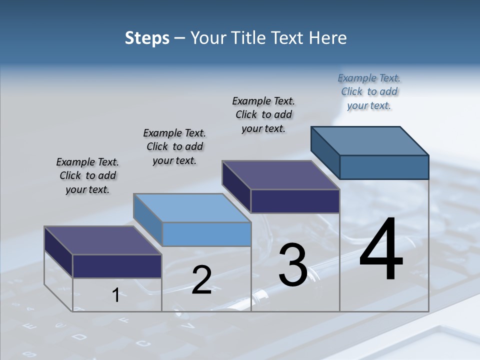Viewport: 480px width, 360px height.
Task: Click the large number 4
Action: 381,250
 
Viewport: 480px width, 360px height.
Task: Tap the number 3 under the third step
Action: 293,264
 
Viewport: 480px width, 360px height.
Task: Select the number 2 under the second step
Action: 201,280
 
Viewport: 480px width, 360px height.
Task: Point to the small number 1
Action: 115,295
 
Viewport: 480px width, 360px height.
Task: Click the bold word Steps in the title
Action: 147,38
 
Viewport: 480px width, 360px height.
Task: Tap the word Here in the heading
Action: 328,38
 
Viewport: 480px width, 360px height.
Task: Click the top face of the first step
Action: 102,240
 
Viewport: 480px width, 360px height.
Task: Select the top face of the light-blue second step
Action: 192,208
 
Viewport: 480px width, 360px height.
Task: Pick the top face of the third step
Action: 280,175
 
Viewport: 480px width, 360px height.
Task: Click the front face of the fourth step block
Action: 384,167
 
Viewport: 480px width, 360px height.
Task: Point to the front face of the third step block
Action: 295,201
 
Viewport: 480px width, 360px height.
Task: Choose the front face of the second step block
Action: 206,234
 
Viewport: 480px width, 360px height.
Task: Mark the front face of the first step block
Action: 117,266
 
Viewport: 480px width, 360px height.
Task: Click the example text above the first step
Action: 87,176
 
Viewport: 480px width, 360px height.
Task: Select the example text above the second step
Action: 174,146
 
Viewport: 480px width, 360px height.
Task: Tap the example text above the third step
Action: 263,114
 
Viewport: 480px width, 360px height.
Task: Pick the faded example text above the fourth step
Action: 369,91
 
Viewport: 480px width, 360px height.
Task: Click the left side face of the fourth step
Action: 325,152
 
